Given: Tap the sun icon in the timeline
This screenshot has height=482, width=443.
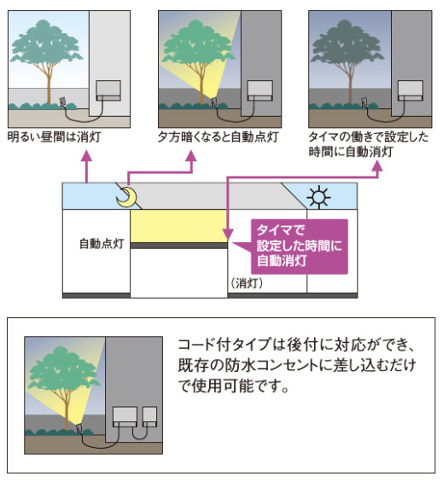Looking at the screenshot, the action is click(x=318, y=197).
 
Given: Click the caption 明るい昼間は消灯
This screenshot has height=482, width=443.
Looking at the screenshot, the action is click(x=54, y=137).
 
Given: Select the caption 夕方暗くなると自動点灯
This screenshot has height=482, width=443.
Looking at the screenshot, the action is click(x=219, y=137).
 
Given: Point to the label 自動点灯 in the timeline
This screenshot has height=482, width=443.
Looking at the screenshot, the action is click(x=102, y=243).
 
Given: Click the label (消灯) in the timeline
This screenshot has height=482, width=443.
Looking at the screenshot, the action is click(x=247, y=283).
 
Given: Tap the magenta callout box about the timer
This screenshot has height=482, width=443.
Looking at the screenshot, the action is click(x=299, y=247).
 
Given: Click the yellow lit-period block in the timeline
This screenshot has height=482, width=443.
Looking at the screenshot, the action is click(x=179, y=226).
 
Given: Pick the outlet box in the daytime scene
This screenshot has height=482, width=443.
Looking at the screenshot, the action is click(x=108, y=90).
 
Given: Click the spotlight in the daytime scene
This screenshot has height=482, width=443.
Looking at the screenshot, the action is click(x=63, y=102).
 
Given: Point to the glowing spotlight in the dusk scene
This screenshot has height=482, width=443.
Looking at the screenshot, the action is click(x=214, y=102).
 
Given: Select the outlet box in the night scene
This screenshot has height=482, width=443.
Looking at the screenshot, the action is click(x=411, y=90).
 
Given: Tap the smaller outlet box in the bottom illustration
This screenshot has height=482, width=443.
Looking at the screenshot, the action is click(x=150, y=416).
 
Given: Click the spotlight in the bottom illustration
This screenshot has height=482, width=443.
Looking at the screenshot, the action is click(x=79, y=428).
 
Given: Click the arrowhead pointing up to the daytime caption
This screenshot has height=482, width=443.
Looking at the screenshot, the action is click(x=87, y=155).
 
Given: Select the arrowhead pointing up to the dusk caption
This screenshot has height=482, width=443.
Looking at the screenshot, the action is click(x=191, y=155).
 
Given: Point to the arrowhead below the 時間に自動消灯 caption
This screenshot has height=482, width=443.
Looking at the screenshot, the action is click(x=377, y=166).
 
